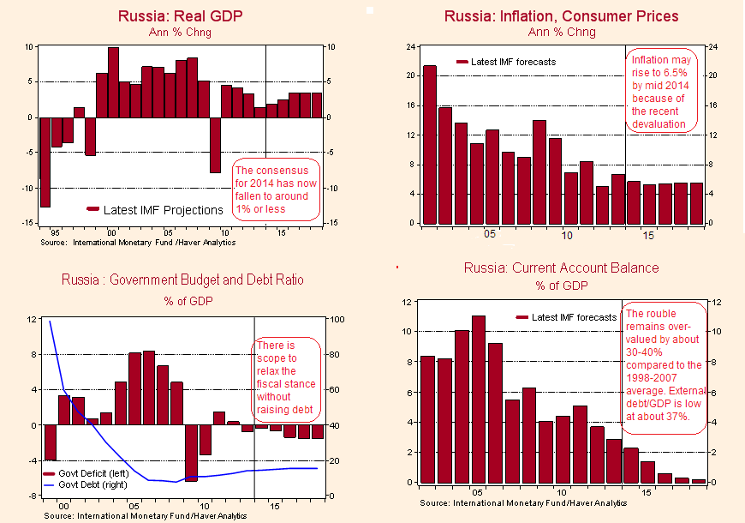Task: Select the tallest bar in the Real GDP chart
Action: [113, 82]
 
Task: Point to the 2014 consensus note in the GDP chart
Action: [276, 189]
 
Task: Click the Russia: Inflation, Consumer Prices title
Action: [561, 15]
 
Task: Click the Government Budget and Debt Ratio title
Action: [182, 280]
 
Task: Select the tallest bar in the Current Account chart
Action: [478, 399]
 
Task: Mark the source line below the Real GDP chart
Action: [138, 243]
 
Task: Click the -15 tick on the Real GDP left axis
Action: [28, 223]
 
